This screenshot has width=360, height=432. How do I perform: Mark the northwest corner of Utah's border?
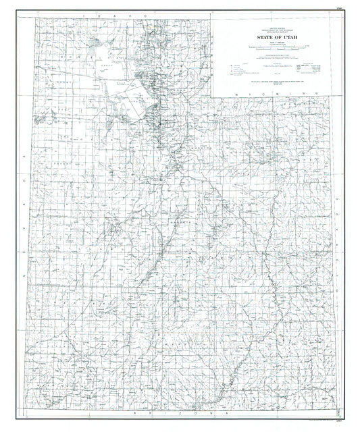(x=31, y=18)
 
